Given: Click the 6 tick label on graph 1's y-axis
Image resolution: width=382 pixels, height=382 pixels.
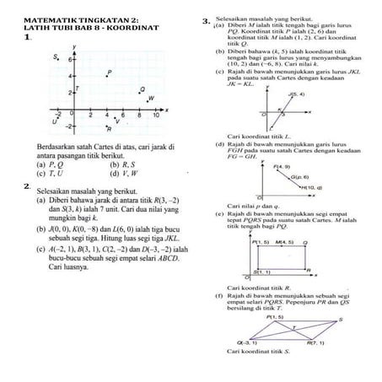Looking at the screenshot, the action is click(x=70, y=61).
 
